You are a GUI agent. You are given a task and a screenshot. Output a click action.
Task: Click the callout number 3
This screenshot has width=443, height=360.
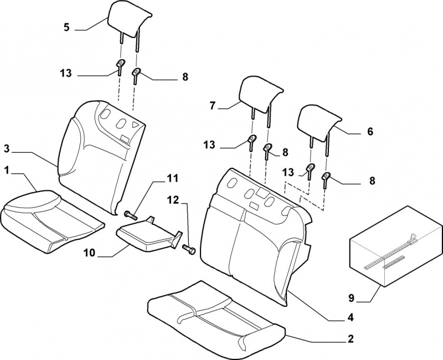point(7,148)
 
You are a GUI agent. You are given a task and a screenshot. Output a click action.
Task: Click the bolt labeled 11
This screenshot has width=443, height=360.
point(130,213)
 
